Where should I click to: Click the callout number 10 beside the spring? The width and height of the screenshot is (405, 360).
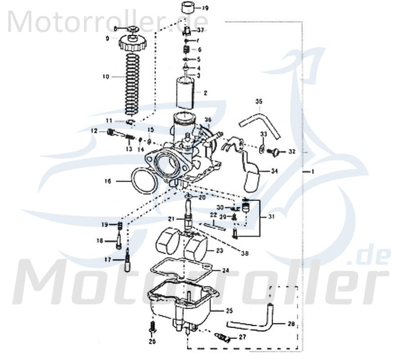(106, 77)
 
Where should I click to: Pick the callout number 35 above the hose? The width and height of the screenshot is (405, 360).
(258, 102)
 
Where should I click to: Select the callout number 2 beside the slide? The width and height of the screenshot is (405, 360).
(206, 93)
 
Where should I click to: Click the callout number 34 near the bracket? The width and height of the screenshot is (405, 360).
(274, 171)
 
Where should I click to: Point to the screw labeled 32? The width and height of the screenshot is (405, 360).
(274, 152)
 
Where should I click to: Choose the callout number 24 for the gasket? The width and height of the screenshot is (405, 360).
(225, 271)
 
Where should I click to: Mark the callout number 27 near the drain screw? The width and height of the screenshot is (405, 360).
(242, 337)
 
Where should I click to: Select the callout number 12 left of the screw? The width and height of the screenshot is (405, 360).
(94, 131)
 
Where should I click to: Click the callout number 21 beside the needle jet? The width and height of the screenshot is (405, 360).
(171, 219)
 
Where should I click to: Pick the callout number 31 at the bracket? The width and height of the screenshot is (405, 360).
(270, 217)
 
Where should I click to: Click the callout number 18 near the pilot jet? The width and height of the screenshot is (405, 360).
(100, 241)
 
